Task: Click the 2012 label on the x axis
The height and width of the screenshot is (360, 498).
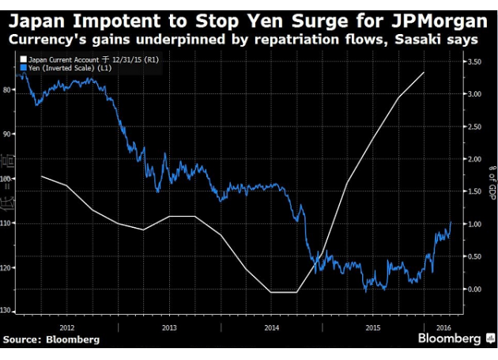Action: point(67,325)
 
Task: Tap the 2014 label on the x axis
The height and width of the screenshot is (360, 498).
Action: point(271,325)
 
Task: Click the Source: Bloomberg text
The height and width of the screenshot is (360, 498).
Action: point(52,340)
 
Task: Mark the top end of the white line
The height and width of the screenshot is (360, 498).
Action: point(424,72)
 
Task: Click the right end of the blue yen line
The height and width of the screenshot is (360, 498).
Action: point(451,222)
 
